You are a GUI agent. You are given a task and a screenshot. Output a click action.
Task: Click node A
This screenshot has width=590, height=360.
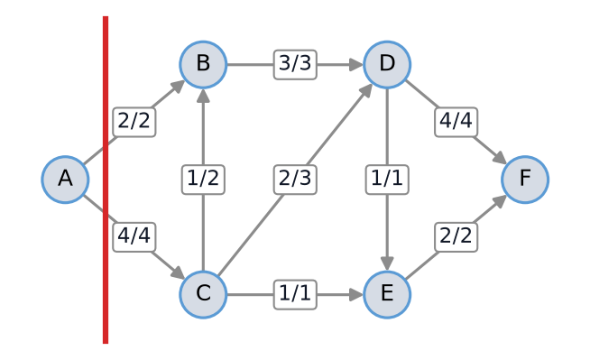(65, 180)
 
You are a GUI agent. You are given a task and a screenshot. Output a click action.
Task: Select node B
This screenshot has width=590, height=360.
(203, 64)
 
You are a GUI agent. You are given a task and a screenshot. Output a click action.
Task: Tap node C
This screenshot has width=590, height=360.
(203, 294)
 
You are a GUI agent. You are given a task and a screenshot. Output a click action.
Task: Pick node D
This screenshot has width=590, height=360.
(387, 64)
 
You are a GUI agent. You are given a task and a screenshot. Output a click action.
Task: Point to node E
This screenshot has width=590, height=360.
(387, 294)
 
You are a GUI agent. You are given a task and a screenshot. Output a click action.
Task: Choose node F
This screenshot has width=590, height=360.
(525, 180)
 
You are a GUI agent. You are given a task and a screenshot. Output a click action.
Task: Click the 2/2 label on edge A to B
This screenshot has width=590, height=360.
(134, 122)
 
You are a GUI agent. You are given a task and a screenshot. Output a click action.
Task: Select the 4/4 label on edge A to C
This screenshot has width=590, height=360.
(134, 237)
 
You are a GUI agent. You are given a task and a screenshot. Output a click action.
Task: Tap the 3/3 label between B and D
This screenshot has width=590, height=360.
(295, 64)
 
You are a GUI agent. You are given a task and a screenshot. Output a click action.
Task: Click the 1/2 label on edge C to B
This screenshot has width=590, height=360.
(203, 180)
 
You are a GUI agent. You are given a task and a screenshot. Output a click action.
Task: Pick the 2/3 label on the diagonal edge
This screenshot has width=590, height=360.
(295, 180)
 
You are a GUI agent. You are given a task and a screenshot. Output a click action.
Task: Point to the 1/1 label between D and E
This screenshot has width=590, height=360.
(387, 180)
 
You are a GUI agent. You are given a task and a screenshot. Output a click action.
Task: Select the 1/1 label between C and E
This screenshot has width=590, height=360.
(295, 294)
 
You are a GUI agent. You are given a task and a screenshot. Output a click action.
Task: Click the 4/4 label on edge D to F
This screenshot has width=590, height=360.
(456, 122)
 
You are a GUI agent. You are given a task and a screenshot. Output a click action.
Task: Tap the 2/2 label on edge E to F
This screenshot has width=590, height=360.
(456, 237)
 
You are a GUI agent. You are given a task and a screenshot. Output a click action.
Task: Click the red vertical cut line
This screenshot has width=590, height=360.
(106, 180)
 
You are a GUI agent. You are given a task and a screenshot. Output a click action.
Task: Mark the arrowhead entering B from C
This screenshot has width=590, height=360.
(203, 96)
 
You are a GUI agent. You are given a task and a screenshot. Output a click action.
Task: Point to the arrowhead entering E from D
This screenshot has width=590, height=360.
(387, 263)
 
